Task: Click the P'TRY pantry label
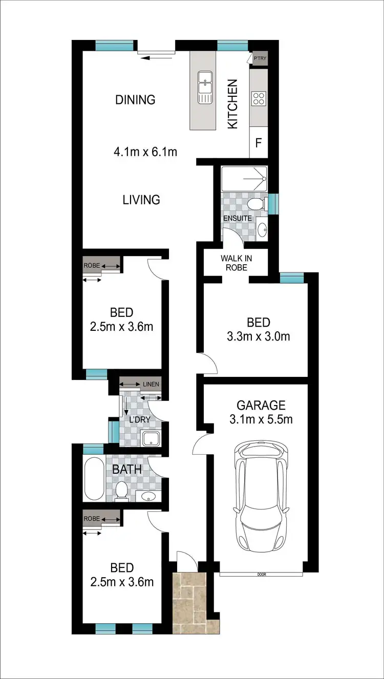pos(260,59)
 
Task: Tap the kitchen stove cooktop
pos(259,98)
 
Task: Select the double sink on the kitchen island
pos(205,88)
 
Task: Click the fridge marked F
pos(259,141)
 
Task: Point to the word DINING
pos(135,99)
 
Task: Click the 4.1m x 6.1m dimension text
pos(145,152)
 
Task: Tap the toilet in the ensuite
pos(255,205)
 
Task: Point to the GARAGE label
pos(261,406)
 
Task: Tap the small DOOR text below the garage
pos(262,575)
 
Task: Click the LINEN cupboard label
pos(151,384)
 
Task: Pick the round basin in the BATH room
pos(149,496)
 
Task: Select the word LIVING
pos(141,200)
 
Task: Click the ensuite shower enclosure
pos(244,179)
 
